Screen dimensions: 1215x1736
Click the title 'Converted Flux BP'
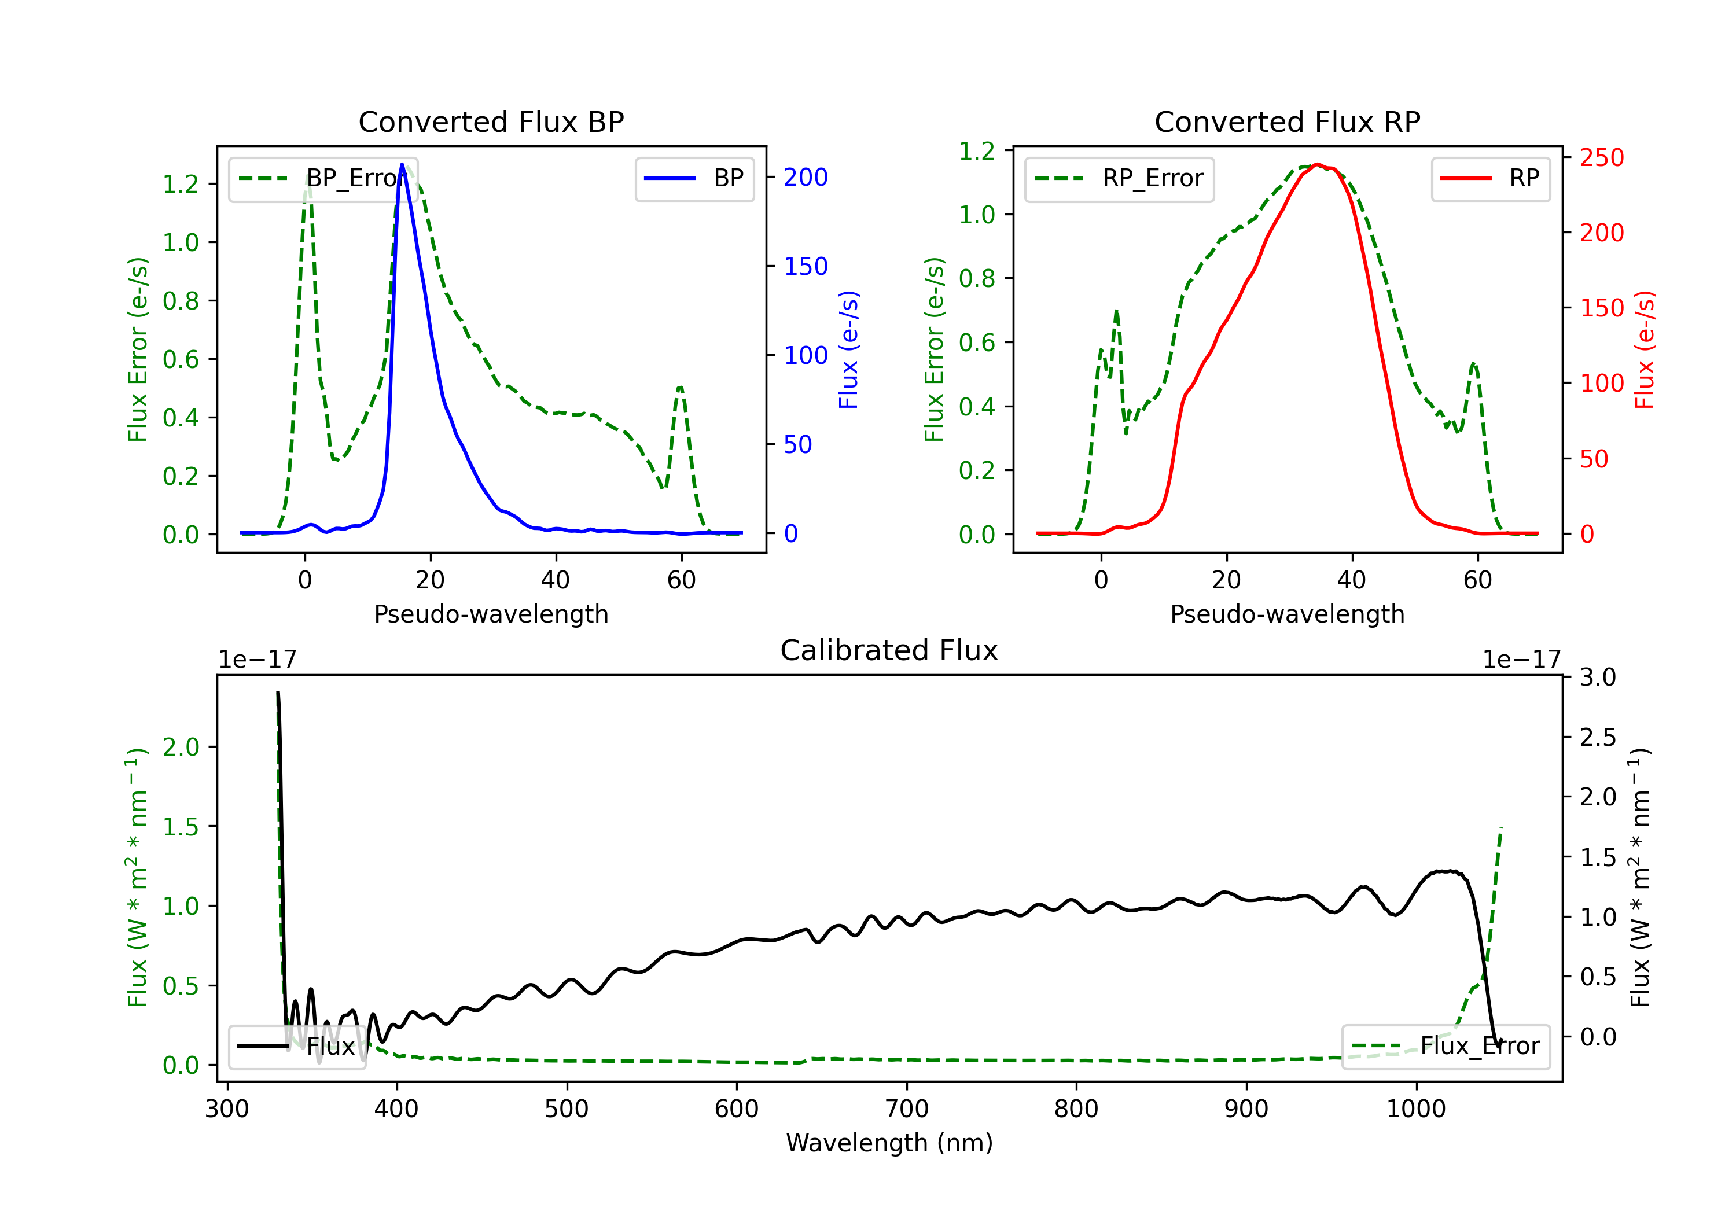tap(491, 122)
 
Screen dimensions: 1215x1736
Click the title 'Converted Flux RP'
tap(1287, 122)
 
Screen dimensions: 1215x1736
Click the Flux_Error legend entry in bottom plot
tap(1445, 1047)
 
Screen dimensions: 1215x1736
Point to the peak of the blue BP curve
tap(402, 165)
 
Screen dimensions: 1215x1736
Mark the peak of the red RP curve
tap(1317, 164)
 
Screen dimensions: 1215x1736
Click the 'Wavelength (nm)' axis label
tap(889, 1143)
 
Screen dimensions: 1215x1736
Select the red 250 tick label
tap(1601, 158)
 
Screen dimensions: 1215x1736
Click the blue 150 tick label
tap(806, 267)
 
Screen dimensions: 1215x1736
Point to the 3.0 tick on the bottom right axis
tap(1598, 678)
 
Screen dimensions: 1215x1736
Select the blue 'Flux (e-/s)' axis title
tap(849, 349)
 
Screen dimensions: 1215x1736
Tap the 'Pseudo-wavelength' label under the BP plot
tap(491, 614)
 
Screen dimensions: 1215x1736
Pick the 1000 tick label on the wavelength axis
tap(1415, 1109)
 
